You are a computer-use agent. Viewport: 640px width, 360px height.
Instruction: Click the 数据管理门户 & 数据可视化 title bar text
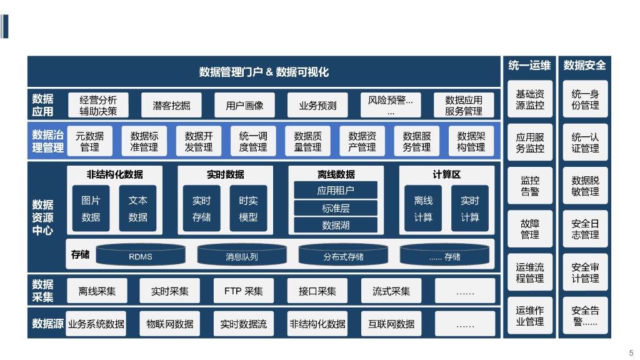coord(264,72)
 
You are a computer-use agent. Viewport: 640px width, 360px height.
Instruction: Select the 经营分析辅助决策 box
coord(98,106)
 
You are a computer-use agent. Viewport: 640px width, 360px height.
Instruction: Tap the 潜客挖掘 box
coord(171,106)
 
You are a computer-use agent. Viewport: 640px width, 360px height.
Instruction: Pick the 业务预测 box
coord(317,106)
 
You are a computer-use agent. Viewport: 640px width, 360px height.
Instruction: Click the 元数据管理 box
coord(90,141)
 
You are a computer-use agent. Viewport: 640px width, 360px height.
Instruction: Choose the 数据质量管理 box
coord(307,141)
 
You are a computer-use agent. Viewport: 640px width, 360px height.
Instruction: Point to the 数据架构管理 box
coord(471,141)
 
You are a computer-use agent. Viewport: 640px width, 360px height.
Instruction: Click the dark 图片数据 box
coord(91,209)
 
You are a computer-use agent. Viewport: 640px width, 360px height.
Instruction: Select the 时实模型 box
coord(248,209)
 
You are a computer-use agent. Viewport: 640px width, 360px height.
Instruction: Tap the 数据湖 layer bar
coord(336,225)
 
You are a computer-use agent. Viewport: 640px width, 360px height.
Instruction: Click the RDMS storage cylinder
coord(141,255)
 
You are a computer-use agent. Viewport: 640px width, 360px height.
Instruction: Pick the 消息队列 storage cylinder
coord(242,255)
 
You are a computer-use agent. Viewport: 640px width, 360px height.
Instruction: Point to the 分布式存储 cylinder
coord(343,255)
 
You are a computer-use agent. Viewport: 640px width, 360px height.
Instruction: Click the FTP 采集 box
coord(244,291)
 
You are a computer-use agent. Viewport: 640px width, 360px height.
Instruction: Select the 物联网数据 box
coord(170,324)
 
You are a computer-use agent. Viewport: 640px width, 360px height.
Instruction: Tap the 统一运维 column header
coord(529,66)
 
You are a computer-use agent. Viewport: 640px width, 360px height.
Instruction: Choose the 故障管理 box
coord(530,229)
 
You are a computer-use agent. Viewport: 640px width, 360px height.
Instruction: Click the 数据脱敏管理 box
coord(585,186)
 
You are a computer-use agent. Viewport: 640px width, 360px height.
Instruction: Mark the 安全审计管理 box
coord(585,272)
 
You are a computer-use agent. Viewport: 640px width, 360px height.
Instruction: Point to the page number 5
coord(631,352)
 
